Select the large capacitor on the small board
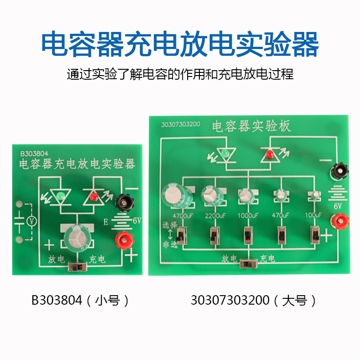(x=76, y=237)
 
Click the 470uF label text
(x=281, y=215)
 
